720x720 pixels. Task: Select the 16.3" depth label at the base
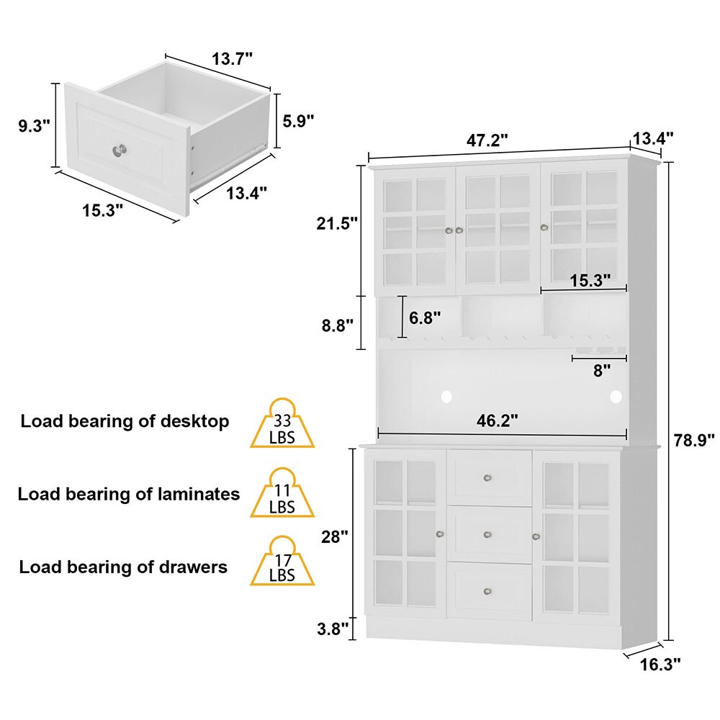click(x=660, y=664)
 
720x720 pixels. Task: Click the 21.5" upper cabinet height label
click(x=337, y=224)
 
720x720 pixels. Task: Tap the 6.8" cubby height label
click(x=425, y=317)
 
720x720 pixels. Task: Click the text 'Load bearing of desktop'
click(x=125, y=421)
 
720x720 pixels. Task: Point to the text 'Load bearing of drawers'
click(x=123, y=567)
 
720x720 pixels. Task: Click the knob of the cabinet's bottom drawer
click(x=488, y=591)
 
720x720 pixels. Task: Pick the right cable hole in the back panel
click(x=616, y=395)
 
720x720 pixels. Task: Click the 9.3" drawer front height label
click(x=34, y=125)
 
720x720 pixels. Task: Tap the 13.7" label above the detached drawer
click(x=232, y=59)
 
